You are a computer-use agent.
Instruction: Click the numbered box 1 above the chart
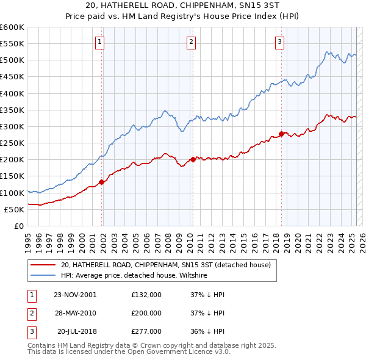point(99,42)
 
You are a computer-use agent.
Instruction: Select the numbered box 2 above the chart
point(191,42)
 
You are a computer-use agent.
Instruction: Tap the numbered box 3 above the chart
point(279,42)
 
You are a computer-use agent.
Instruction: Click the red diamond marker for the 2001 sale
point(102,182)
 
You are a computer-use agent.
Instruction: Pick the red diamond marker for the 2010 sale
point(193,159)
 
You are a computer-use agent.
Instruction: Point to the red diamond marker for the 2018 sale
point(281,134)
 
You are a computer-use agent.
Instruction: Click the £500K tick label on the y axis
point(12,60)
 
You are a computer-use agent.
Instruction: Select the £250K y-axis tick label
point(12,143)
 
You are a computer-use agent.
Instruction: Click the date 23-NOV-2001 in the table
point(75,295)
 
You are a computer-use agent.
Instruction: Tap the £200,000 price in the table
point(146,313)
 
